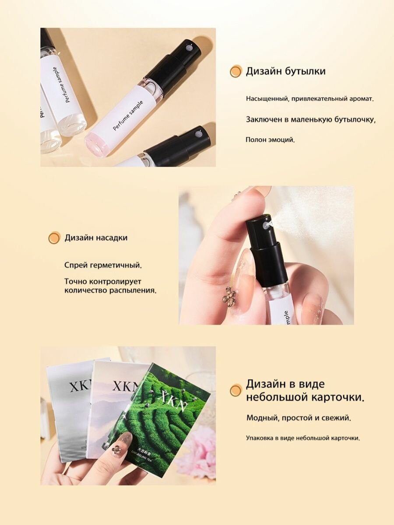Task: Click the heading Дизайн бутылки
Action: point(285,71)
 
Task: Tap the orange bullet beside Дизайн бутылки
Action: point(236,71)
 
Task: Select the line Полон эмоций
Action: point(270,140)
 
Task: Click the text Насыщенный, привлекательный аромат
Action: point(310,99)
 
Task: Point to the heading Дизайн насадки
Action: point(96,238)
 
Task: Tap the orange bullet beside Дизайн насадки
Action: point(54,238)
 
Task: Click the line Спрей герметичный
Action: point(103,265)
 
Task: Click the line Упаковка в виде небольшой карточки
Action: point(303,438)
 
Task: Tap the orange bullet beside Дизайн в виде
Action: point(236,390)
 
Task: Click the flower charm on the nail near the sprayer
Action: point(229,296)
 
